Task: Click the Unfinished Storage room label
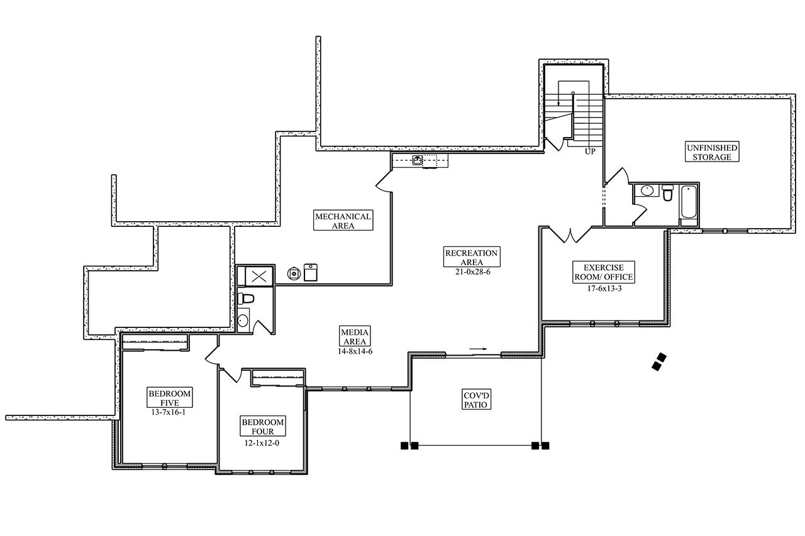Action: [712, 152]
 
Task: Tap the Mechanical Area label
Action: [343, 221]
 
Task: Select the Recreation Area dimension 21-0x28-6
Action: [471, 271]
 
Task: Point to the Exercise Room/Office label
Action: [603, 272]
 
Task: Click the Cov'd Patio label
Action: [476, 400]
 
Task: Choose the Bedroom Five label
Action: [169, 398]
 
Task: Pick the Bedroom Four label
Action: [263, 427]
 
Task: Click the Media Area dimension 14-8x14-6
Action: [355, 351]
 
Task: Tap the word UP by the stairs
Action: [590, 151]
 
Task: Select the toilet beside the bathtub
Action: [668, 192]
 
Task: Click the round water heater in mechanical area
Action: [293, 273]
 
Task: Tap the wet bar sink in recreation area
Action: [418, 160]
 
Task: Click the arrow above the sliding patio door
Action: [479, 348]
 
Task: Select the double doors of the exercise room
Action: [570, 235]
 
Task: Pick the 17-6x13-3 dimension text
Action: [603, 289]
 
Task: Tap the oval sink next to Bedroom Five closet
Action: [243, 320]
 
